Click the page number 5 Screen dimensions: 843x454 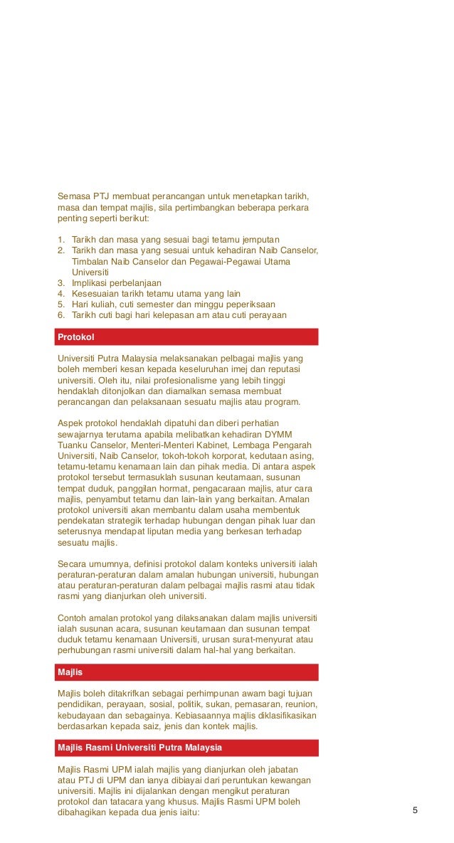click(x=415, y=810)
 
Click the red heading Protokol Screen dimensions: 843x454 click(x=76, y=336)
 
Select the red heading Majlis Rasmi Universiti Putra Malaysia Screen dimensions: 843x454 click(x=139, y=748)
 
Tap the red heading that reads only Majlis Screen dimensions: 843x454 click(x=70, y=672)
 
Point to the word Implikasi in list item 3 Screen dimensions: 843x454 click(x=91, y=282)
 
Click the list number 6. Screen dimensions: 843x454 click(x=61, y=315)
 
